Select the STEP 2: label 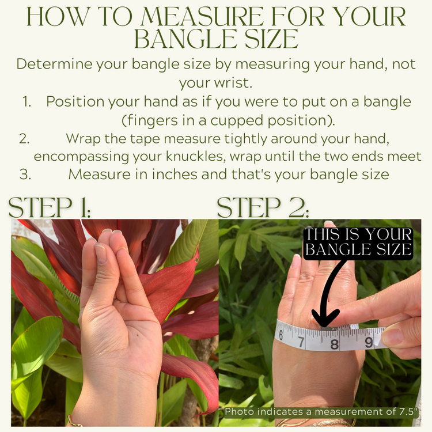point(263,207)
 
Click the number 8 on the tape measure point(334,344)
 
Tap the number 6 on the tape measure point(281,334)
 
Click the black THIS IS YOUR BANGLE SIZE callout point(358,242)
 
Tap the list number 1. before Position point(27,102)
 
